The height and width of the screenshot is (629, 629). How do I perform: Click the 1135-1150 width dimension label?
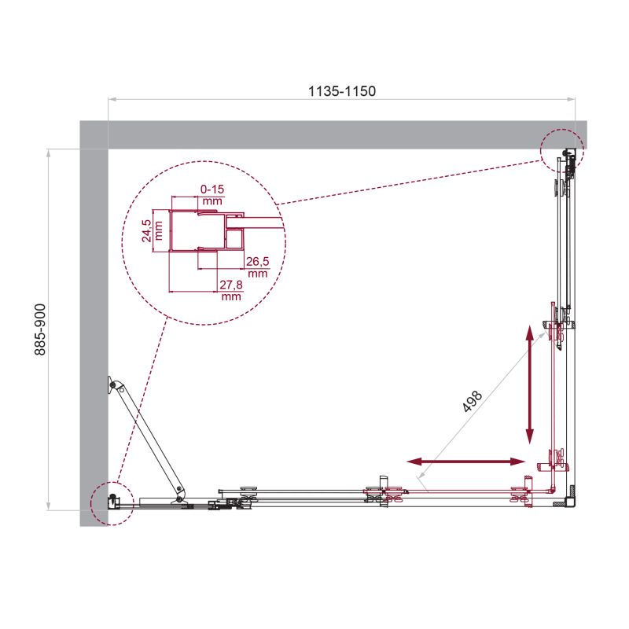[341, 90]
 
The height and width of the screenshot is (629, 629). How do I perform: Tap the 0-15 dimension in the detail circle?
[212, 189]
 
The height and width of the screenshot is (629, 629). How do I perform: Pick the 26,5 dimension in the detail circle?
[256, 261]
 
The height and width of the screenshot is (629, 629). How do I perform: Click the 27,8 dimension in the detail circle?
[230, 284]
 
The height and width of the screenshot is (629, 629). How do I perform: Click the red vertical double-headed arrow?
[531, 385]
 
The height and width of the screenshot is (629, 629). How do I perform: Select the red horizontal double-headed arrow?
[466, 462]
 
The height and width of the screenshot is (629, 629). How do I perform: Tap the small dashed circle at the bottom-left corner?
[109, 502]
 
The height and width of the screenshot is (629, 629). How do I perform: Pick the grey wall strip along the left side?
[94, 330]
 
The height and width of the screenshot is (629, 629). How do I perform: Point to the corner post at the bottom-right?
[571, 498]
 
